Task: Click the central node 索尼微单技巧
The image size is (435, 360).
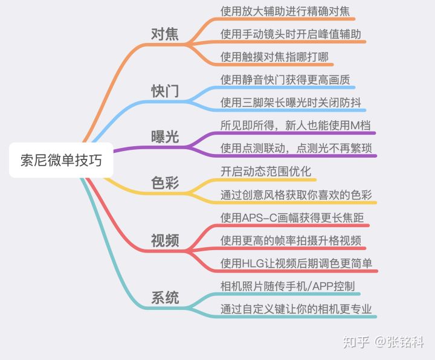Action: point(61,160)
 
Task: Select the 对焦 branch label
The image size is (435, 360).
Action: point(165,34)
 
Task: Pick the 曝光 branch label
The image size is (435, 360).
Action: point(165,137)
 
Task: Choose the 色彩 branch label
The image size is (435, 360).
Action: point(165,183)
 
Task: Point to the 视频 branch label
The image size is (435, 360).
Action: point(165,240)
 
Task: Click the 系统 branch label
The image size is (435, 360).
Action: point(165,298)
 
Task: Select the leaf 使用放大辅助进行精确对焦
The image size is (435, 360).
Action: point(284,11)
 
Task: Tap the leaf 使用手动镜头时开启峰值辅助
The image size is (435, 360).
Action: point(291,34)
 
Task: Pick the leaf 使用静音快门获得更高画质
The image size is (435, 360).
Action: point(285,80)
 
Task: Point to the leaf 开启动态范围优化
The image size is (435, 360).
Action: point(266,172)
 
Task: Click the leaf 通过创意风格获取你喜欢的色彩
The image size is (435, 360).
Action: point(296,195)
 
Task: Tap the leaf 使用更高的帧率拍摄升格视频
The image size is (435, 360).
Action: point(291,240)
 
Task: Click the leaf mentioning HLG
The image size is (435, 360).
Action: point(296,263)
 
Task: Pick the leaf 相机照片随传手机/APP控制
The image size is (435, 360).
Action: point(288,286)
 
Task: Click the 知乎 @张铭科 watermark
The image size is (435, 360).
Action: point(383,342)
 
